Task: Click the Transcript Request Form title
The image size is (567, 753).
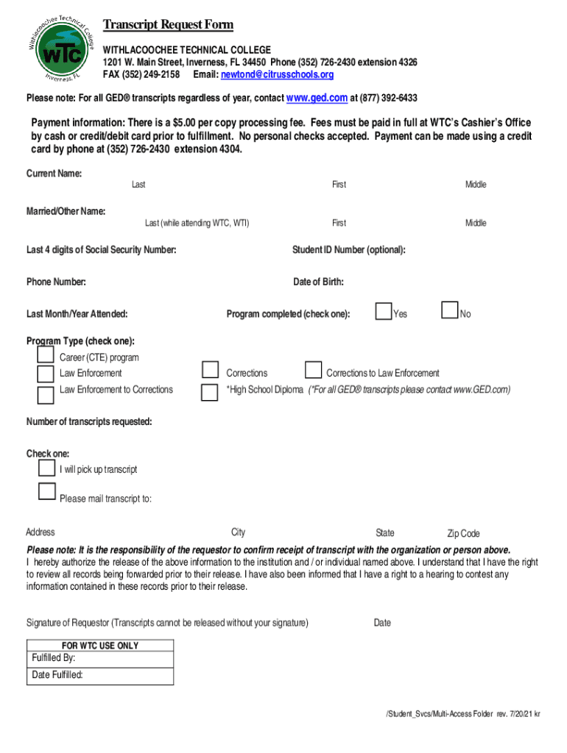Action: [x=168, y=25]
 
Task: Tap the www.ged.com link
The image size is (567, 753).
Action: [x=317, y=99]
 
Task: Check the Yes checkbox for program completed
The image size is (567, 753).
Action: [x=383, y=312]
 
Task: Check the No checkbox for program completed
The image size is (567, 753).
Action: [x=449, y=312]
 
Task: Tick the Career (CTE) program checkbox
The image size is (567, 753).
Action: [x=46, y=355]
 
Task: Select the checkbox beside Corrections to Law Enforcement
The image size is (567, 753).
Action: [x=314, y=369]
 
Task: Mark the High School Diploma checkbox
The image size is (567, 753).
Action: [x=211, y=392]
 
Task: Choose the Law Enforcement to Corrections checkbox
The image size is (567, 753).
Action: [x=46, y=395]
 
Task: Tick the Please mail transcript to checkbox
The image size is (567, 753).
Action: [x=47, y=491]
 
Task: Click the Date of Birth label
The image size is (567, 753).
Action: [x=318, y=282]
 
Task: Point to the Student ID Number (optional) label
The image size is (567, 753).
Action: [x=349, y=250]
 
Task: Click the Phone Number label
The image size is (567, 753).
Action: [x=56, y=282]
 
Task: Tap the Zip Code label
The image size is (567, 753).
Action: [x=463, y=534]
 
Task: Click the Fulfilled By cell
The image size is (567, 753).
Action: [x=100, y=659]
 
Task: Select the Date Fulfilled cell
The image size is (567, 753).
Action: [x=100, y=676]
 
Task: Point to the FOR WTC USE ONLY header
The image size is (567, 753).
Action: [x=100, y=646]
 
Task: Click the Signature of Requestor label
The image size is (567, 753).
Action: [x=167, y=623]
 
